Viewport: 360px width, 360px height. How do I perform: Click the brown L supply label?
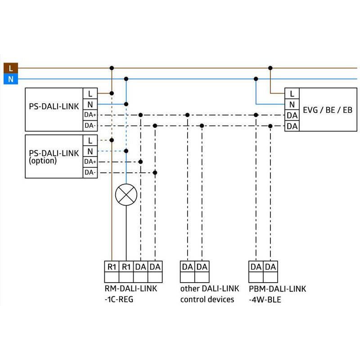coord(10,68)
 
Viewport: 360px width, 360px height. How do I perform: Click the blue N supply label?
coord(10,79)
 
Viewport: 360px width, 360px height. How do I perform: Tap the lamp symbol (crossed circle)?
coord(126,195)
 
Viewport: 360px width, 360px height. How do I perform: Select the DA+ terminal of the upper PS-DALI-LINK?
coord(90,115)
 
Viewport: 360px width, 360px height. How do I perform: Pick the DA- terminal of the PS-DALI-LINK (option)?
coord(90,173)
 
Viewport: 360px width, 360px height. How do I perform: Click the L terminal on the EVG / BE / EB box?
coord(292,94)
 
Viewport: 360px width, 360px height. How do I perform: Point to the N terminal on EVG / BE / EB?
coord(292,104)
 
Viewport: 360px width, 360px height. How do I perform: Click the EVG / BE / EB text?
coord(328,110)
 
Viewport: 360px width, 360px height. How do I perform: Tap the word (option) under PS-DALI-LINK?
coord(43,161)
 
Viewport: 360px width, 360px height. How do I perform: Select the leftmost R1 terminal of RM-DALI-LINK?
coord(112,266)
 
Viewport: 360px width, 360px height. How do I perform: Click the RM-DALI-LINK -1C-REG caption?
coord(131,294)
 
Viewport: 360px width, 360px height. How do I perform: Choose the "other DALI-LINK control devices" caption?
coord(210,294)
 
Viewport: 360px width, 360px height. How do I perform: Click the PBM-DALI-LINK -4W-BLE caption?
coord(277,294)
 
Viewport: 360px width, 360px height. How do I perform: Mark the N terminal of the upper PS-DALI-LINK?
coord(90,104)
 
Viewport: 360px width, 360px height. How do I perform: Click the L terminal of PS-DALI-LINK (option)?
coord(90,140)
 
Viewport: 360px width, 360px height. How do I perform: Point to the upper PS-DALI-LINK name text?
coord(54,107)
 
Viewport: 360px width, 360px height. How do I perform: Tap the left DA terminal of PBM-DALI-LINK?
coord(256,266)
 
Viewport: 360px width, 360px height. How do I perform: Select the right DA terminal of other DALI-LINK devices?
coord(202,266)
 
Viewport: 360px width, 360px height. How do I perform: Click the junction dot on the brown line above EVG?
coord(270,68)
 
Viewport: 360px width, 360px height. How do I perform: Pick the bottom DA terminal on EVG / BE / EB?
coord(292,126)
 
